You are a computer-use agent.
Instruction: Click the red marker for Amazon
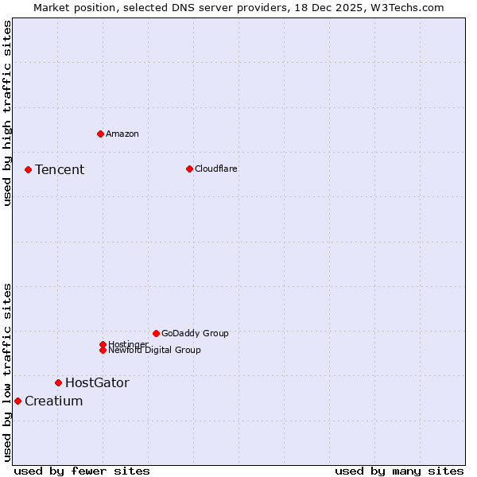coord(100,134)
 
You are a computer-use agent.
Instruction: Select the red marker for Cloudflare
coord(189,169)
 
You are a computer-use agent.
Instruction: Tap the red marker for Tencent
coord(28,169)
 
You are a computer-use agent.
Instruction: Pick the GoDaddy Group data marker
coord(156,333)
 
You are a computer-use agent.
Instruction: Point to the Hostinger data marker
coord(103,344)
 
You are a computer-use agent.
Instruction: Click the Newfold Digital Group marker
coord(103,350)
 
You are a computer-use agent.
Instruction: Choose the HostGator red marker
coord(58,382)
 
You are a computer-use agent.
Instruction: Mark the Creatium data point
coord(17,401)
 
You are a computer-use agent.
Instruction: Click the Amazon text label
coord(122,134)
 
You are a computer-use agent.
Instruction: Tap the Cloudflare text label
coord(216,169)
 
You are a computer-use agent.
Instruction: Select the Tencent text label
coord(60,169)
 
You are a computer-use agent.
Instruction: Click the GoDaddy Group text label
coord(195,333)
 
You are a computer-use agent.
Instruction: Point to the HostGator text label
coord(97,382)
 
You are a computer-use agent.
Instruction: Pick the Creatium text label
coord(53,401)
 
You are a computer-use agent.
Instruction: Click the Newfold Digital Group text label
coord(155,351)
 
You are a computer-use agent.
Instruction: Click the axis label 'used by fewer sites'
coord(82,471)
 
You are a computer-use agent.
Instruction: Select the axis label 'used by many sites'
coord(399,471)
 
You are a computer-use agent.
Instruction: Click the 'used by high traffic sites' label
coord(7,113)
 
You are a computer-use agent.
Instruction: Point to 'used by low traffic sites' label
coord(7,371)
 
